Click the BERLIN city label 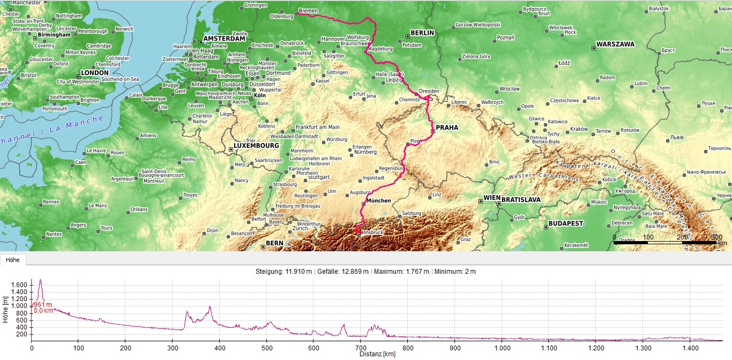point(422,33)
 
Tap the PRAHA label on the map point(447,127)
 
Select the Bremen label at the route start point(308,11)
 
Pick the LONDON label point(94,73)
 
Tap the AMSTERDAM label point(224,39)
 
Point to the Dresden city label point(429,91)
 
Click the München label point(379,201)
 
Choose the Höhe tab point(13,260)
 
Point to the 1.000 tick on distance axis point(503,348)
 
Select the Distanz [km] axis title point(377,354)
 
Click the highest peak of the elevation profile point(40,280)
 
